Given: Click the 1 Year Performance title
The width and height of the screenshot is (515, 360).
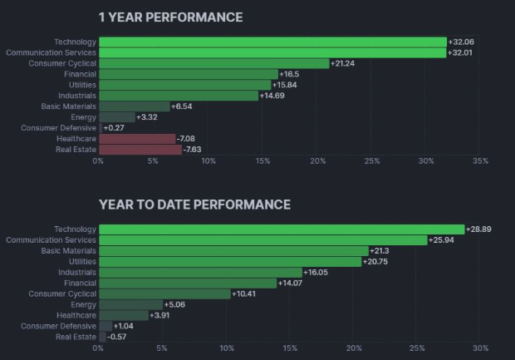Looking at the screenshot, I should (x=170, y=17).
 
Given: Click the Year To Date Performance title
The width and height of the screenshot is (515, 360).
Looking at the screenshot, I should (x=194, y=204).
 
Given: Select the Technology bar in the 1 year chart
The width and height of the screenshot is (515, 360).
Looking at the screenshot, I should (x=272, y=42).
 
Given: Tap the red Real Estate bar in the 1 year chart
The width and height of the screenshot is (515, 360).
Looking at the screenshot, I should (x=140, y=150).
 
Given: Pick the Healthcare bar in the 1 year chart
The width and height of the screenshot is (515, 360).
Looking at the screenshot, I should (x=137, y=139).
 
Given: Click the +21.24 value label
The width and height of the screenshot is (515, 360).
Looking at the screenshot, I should (x=345, y=63).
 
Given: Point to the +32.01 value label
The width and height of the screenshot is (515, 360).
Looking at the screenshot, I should (x=463, y=52).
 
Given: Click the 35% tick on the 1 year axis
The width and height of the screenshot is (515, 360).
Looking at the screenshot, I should (x=479, y=160).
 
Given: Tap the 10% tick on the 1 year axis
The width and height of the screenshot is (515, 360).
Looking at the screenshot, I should (x=208, y=160).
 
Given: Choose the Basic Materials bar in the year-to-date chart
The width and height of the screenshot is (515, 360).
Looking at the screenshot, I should (x=233, y=250).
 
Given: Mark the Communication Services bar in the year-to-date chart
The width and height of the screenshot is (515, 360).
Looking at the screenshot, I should (x=263, y=239).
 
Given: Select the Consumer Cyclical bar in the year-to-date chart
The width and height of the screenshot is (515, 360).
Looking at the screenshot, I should (x=164, y=293).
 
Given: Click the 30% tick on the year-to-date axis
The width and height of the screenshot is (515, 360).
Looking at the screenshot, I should (x=480, y=348).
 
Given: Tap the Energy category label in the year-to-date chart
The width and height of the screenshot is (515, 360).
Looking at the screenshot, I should (x=84, y=304).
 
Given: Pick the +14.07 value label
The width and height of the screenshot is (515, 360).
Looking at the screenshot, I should (x=292, y=283).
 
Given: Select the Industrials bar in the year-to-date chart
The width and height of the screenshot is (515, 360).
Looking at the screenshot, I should (x=200, y=272).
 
